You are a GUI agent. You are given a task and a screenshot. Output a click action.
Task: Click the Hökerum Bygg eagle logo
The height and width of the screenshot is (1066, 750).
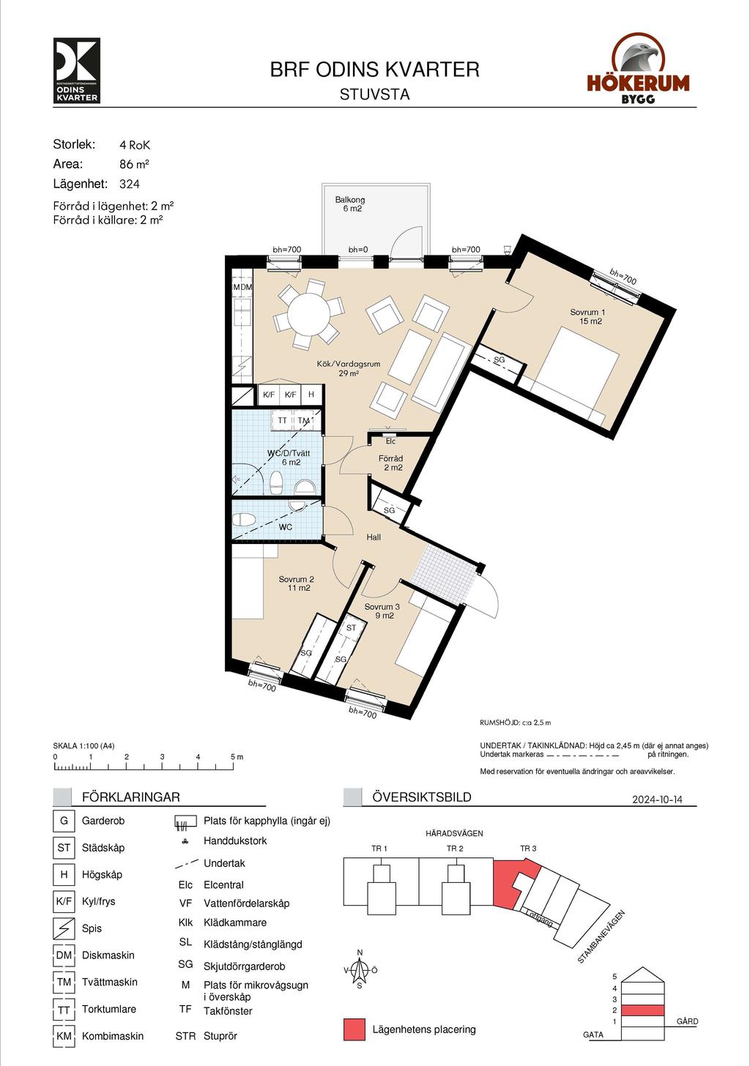coord(638,68)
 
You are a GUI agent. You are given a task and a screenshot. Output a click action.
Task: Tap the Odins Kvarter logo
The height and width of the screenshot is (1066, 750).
coord(77,70)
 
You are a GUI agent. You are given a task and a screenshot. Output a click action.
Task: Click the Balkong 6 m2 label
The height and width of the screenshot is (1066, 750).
coord(350,204)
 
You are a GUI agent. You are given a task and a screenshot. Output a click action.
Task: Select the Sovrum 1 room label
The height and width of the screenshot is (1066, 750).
coord(587,316)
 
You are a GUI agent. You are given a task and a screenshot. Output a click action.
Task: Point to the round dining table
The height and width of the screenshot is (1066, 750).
coord(309,313)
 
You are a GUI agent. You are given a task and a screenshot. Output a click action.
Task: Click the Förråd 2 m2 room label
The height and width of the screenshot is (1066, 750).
coord(391,463)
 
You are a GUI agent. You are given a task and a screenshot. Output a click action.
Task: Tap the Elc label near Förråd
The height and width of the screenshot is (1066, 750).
coord(390,441)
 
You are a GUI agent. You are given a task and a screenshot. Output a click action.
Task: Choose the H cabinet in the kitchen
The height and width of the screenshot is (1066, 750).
coord(311,395)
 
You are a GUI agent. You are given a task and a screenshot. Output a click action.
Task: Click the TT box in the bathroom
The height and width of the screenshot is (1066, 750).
coord(283,420)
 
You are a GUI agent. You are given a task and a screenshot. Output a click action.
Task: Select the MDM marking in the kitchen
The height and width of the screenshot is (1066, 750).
coord(242,287)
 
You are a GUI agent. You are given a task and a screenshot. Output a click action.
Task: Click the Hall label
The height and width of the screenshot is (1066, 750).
coord(374,537)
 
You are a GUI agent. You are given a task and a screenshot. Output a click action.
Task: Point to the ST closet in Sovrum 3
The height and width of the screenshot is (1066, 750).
coord(351,627)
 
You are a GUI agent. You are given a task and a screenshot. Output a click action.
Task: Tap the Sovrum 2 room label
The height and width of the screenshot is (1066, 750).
coord(296,584)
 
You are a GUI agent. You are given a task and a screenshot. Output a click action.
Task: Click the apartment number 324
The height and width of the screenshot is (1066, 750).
coord(130,184)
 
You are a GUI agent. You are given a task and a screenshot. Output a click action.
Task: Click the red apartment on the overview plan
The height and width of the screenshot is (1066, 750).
coord(512,886)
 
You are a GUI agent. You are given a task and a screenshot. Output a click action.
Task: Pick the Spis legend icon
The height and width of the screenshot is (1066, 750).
coord(64,928)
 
